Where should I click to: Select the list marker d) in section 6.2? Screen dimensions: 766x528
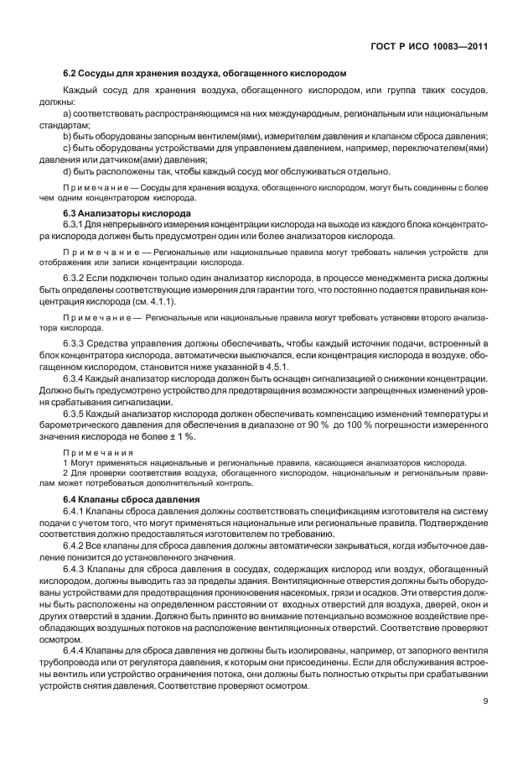pos(67,170)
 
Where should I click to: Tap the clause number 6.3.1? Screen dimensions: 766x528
pos(75,226)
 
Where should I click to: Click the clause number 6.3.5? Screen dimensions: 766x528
pos(75,414)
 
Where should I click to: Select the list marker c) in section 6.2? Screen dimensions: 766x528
pos(67,147)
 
